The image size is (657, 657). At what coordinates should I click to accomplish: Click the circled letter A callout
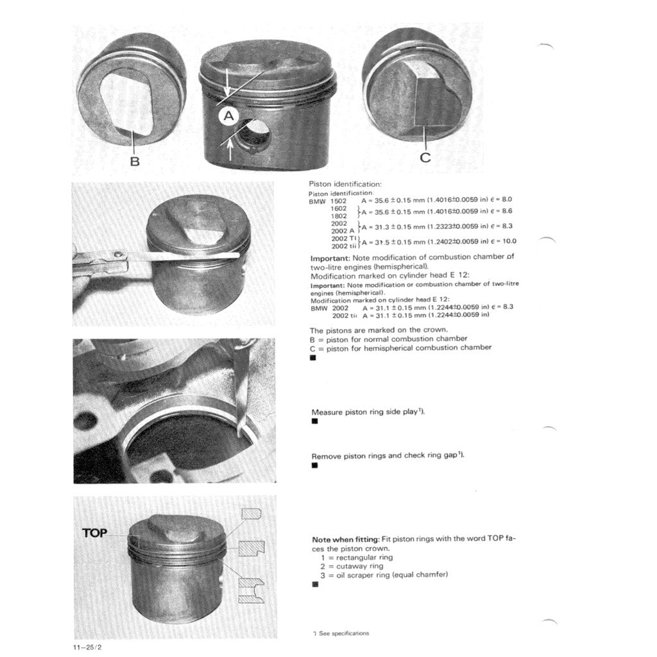229,115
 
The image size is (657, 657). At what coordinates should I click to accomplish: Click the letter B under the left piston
135,161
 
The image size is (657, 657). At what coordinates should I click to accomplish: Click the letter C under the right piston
425,158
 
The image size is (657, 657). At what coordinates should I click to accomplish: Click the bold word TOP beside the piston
95,533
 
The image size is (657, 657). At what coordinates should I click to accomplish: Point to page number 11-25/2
88,647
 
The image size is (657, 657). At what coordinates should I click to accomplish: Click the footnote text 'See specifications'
344,633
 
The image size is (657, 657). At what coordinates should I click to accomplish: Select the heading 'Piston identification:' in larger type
345,184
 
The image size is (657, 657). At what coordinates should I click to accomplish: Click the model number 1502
339,201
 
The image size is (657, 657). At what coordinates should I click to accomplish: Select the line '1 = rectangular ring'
357,558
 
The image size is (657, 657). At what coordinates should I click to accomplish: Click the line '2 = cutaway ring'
352,567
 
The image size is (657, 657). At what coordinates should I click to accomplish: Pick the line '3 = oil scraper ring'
384,576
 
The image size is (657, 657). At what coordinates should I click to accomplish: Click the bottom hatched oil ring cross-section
252,591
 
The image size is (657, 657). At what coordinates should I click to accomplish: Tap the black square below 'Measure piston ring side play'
315,421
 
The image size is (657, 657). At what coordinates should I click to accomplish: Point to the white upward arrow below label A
230,150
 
